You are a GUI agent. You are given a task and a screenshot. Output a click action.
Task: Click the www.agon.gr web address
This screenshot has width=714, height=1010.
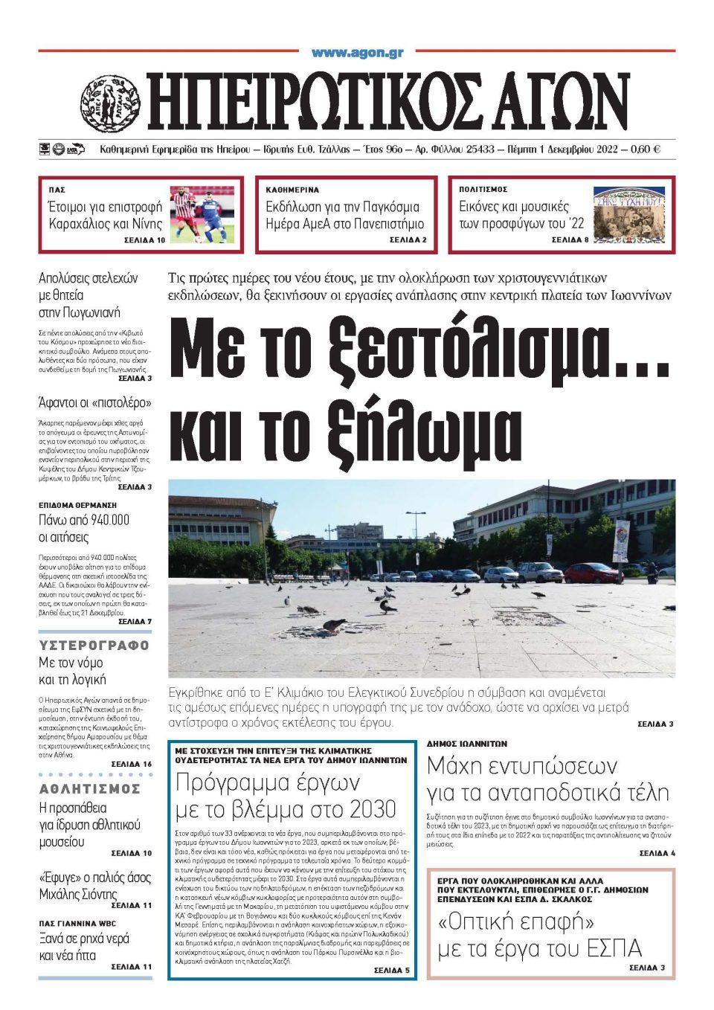[x=357, y=52]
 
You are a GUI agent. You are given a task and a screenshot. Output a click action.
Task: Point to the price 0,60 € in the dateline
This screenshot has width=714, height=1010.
[x=645, y=149]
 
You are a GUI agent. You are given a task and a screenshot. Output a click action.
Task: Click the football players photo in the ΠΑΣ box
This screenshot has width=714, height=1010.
[x=196, y=215]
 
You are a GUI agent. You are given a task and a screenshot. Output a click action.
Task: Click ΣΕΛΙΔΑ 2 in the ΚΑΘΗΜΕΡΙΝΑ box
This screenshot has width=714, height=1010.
[x=408, y=240]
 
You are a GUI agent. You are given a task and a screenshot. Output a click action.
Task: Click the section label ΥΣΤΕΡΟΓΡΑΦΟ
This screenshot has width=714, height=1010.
[x=94, y=645]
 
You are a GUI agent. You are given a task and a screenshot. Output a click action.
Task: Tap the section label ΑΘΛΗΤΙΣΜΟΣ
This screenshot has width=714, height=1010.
[x=90, y=788]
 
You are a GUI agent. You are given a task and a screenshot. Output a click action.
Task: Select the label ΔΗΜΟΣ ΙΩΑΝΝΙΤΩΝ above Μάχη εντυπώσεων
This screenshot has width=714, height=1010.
[x=467, y=743]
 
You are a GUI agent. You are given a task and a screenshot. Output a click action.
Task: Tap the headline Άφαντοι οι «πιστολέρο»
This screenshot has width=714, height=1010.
[x=94, y=403]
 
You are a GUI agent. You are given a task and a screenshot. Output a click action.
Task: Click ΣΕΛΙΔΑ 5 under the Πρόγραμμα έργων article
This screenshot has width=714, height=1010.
[x=390, y=971]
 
